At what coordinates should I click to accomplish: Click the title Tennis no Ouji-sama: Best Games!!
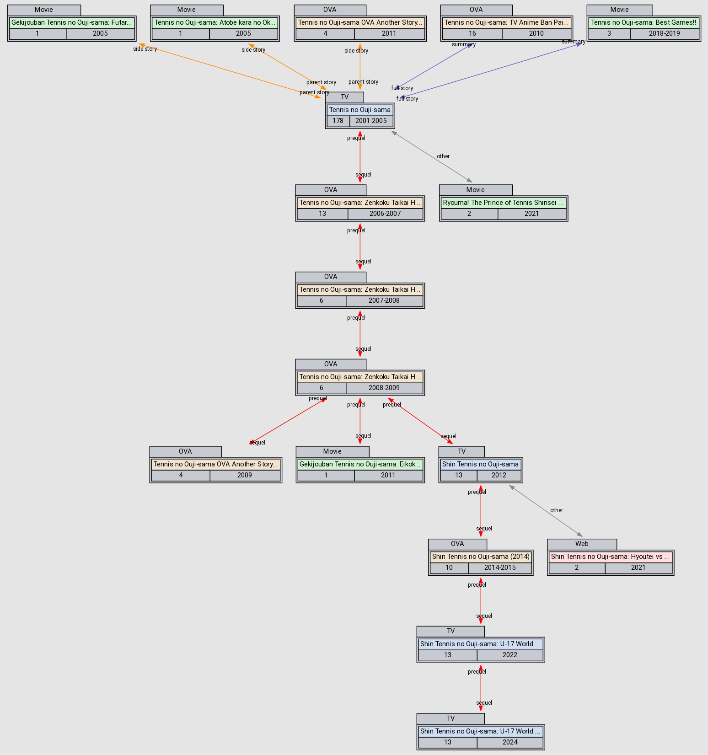tap(644, 22)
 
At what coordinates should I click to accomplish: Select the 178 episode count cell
tap(338, 121)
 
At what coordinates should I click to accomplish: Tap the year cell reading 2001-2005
tap(371, 121)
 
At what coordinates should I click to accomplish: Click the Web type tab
tap(582, 544)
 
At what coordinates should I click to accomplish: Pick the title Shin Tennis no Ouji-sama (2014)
tap(481, 557)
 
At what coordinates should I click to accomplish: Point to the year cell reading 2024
tap(510, 742)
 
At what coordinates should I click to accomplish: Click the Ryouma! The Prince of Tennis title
tap(504, 202)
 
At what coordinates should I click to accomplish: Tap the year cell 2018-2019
tap(664, 33)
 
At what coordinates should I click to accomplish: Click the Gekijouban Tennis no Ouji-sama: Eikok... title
tap(360, 464)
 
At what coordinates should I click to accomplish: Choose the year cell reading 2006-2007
tap(385, 214)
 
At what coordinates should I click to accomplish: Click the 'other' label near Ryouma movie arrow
tap(443, 156)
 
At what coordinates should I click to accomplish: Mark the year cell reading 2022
tap(510, 655)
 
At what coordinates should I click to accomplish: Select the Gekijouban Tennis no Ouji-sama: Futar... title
tap(72, 22)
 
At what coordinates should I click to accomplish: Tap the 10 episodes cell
tap(449, 568)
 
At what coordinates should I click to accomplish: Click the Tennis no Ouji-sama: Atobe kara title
tap(215, 22)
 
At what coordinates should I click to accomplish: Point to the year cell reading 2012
tap(499, 475)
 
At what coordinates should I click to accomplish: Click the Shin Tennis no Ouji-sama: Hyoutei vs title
tap(611, 557)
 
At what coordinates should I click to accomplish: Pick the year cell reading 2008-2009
tap(384, 388)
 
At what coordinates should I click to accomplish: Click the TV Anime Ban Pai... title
tap(506, 22)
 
